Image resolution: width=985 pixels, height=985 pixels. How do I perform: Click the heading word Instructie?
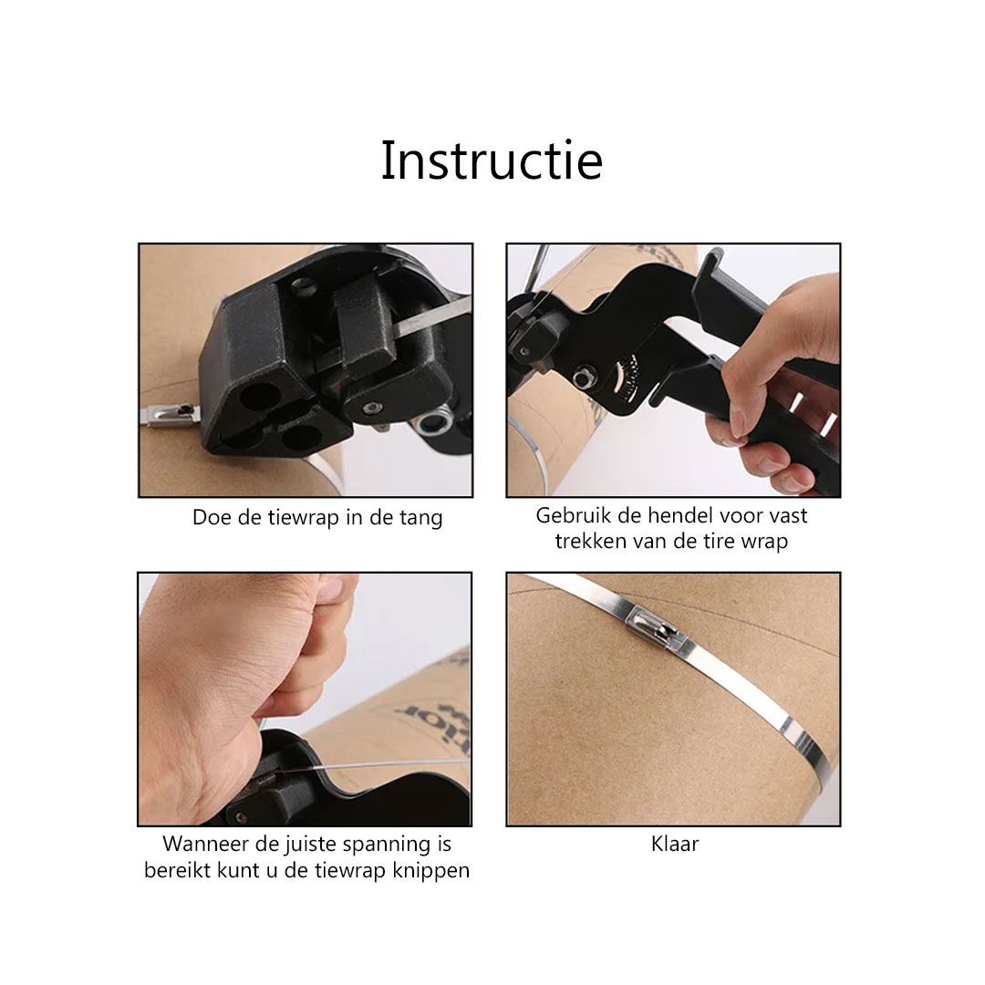pos(492,161)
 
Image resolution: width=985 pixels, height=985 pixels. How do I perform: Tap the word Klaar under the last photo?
pos(675,844)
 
